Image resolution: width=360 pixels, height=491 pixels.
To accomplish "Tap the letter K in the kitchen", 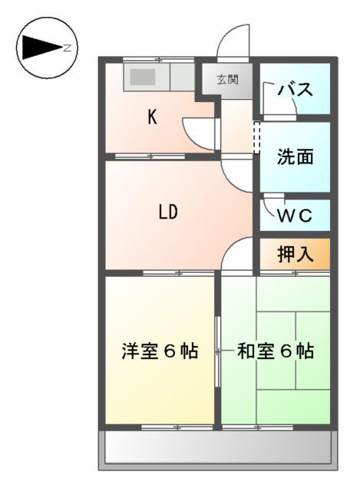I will [152, 117].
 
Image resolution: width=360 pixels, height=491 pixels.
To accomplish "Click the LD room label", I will [169, 213].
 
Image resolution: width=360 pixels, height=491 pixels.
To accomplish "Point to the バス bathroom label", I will [295, 89].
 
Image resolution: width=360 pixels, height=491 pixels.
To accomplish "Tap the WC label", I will [295, 216].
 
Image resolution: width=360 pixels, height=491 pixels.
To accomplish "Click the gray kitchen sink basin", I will [142, 77].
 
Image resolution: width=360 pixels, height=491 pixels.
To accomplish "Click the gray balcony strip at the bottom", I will [218, 447].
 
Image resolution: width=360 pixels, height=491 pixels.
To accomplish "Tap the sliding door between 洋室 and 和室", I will [217, 351].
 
